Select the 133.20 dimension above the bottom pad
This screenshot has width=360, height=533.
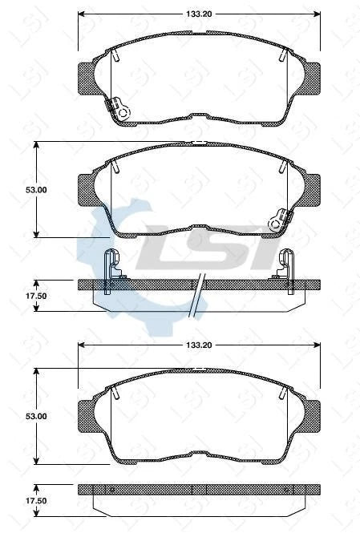coord(198,345)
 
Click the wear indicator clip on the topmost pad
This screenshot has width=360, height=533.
coord(120,108)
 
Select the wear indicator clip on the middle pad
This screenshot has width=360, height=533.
coord(279,219)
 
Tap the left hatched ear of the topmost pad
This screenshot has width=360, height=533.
coord(87,78)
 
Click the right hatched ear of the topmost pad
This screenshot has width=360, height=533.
coord(310,78)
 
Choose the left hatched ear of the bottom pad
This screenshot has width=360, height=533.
coord(87,414)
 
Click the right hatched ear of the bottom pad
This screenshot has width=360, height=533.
coord(310,414)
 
